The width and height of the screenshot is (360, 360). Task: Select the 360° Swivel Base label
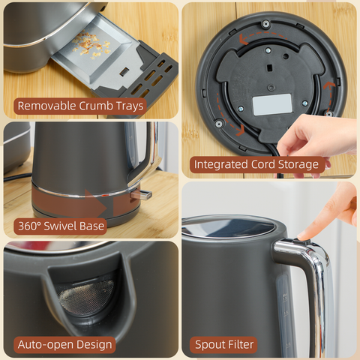[x=60, y=224]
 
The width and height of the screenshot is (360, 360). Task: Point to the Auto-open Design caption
[x=64, y=344]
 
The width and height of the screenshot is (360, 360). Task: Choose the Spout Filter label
[x=223, y=344]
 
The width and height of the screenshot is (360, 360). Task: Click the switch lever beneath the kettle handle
[x=142, y=194]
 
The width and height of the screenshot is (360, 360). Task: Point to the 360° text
[x=29, y=224]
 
